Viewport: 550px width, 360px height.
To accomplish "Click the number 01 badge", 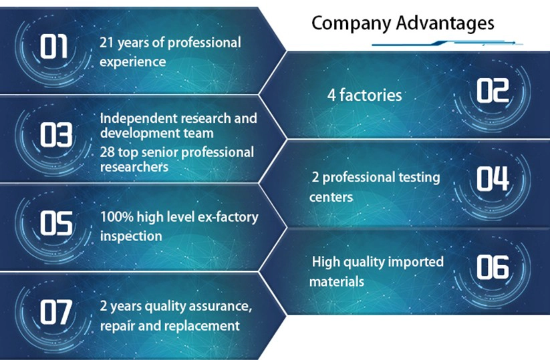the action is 53,47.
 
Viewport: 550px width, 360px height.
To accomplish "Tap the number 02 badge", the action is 493,90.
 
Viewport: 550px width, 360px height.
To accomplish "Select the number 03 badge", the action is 56,134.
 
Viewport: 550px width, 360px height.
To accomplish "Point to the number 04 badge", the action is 493,178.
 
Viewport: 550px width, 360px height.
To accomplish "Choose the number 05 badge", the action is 56,223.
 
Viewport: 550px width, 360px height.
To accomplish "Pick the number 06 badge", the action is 493,267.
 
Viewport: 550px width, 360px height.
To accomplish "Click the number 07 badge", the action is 56,312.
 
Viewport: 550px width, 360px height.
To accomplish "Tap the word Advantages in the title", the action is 446,24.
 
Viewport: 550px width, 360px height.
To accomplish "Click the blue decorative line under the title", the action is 447,43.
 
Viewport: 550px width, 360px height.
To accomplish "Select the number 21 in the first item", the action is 107,43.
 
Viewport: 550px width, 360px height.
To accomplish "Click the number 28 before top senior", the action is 107,152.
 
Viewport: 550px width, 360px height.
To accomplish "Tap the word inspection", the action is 131,236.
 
